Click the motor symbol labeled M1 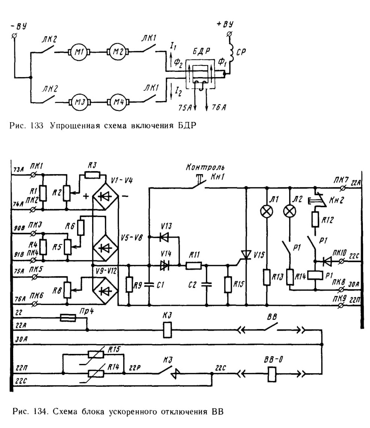[79, 51]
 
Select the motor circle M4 [118, 102]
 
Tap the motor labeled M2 [118, 51]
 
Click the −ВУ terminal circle [14, 36]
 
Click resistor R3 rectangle [92, 175]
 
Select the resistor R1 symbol [43, 193]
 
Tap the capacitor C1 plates [149, 285]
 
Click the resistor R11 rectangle [193, 265]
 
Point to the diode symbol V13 [164, 237]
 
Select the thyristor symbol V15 [246, 255]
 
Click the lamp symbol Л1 [266, 211]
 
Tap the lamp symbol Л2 [290, 211]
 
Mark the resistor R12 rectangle [315, 220]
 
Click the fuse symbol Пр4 [68, 318]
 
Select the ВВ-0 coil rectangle [272, 374]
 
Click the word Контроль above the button [205, 167]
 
